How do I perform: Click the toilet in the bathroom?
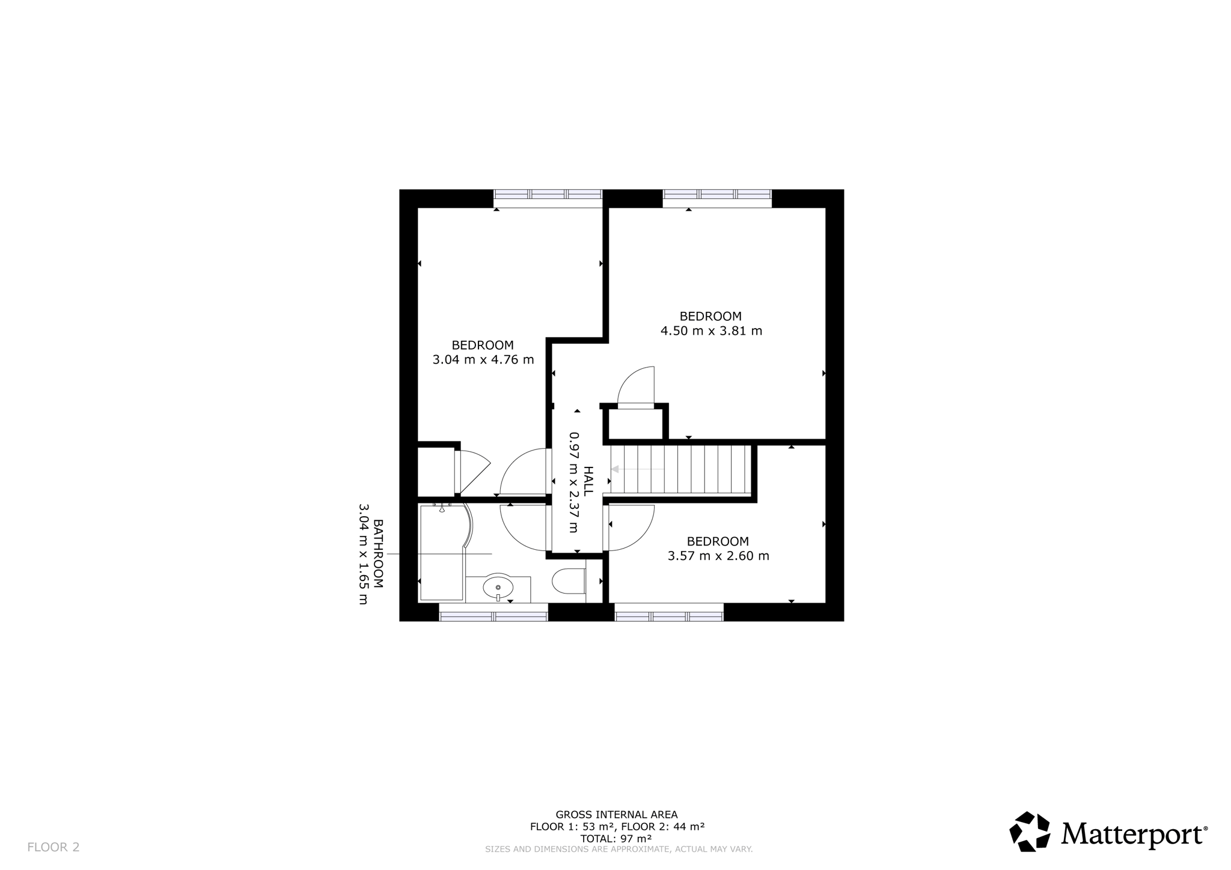coord(569,582)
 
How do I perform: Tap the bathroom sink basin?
coord(498,587)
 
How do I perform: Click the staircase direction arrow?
coord(637,469)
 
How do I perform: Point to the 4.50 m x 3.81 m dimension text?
coord(711,331)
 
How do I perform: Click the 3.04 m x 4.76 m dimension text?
coord(483,360)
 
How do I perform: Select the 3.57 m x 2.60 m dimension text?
coord(718,556)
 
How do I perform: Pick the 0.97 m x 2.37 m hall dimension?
coord(574,482)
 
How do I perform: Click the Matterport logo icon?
coord(1030,832)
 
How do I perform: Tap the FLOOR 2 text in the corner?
coord(53,847)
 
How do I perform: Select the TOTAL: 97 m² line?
coord(616,838)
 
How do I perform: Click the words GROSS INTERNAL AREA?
coord(616,815)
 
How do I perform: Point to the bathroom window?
coord(493,612)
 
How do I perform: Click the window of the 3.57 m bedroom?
coord(669,612)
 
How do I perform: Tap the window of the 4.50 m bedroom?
coord(717,198)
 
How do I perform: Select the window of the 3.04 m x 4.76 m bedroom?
coord(548,198)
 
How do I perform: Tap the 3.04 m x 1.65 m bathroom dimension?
coord(363,554)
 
